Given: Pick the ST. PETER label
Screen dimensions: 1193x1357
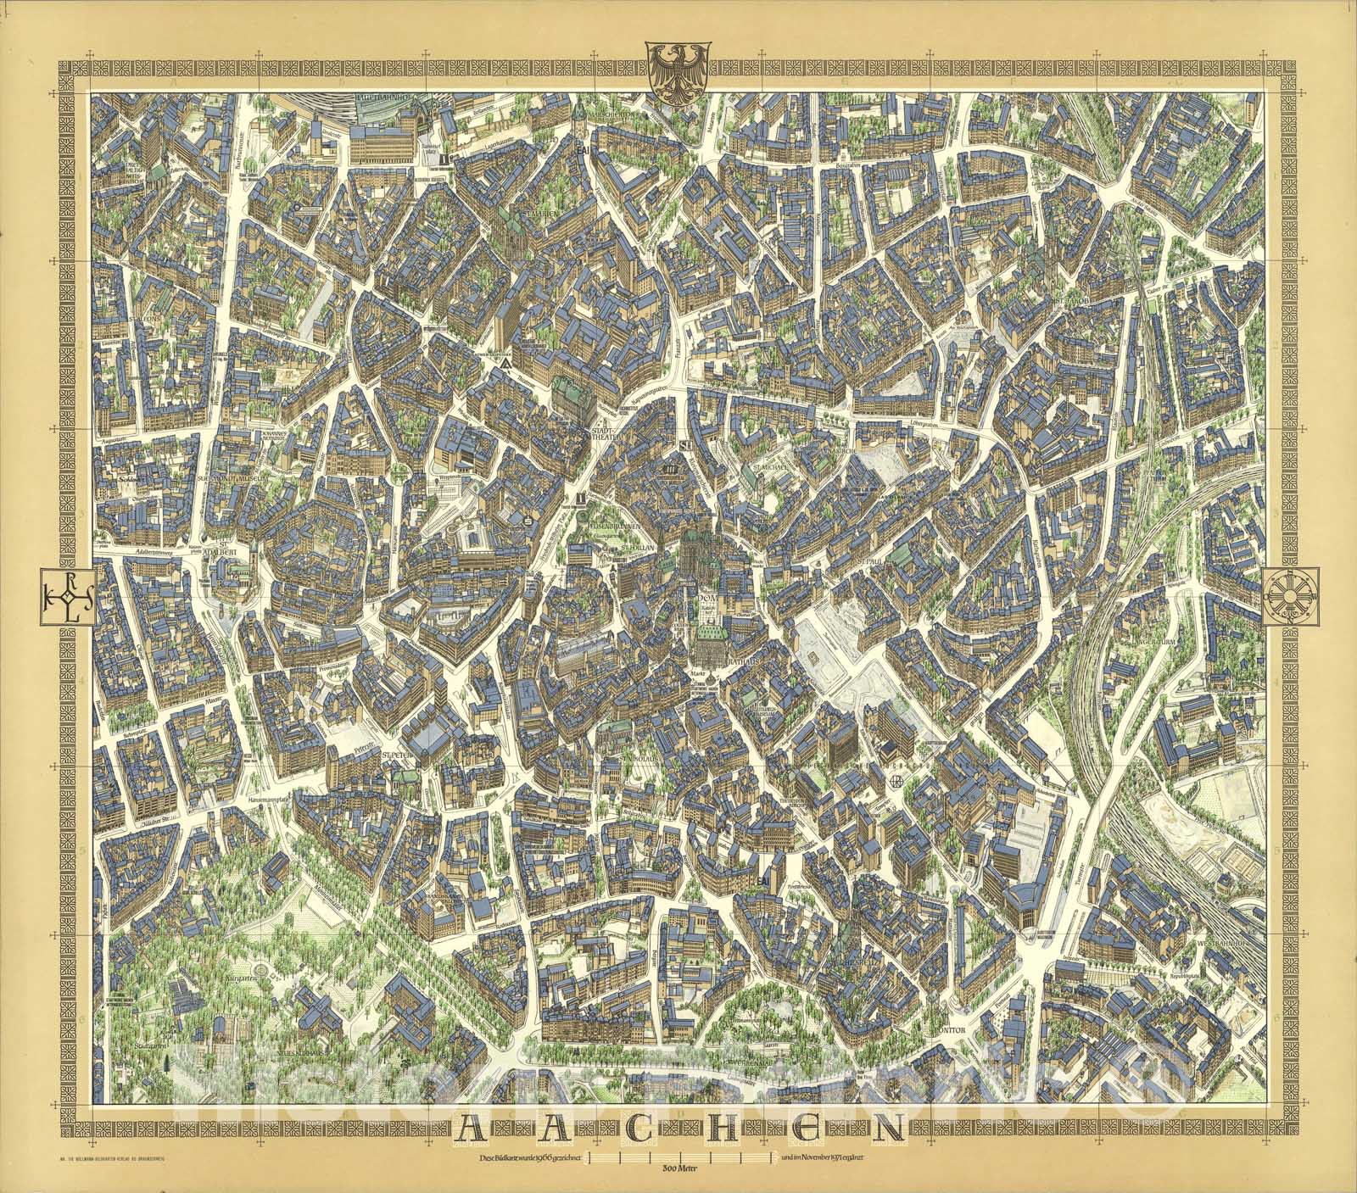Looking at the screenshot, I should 395,751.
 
